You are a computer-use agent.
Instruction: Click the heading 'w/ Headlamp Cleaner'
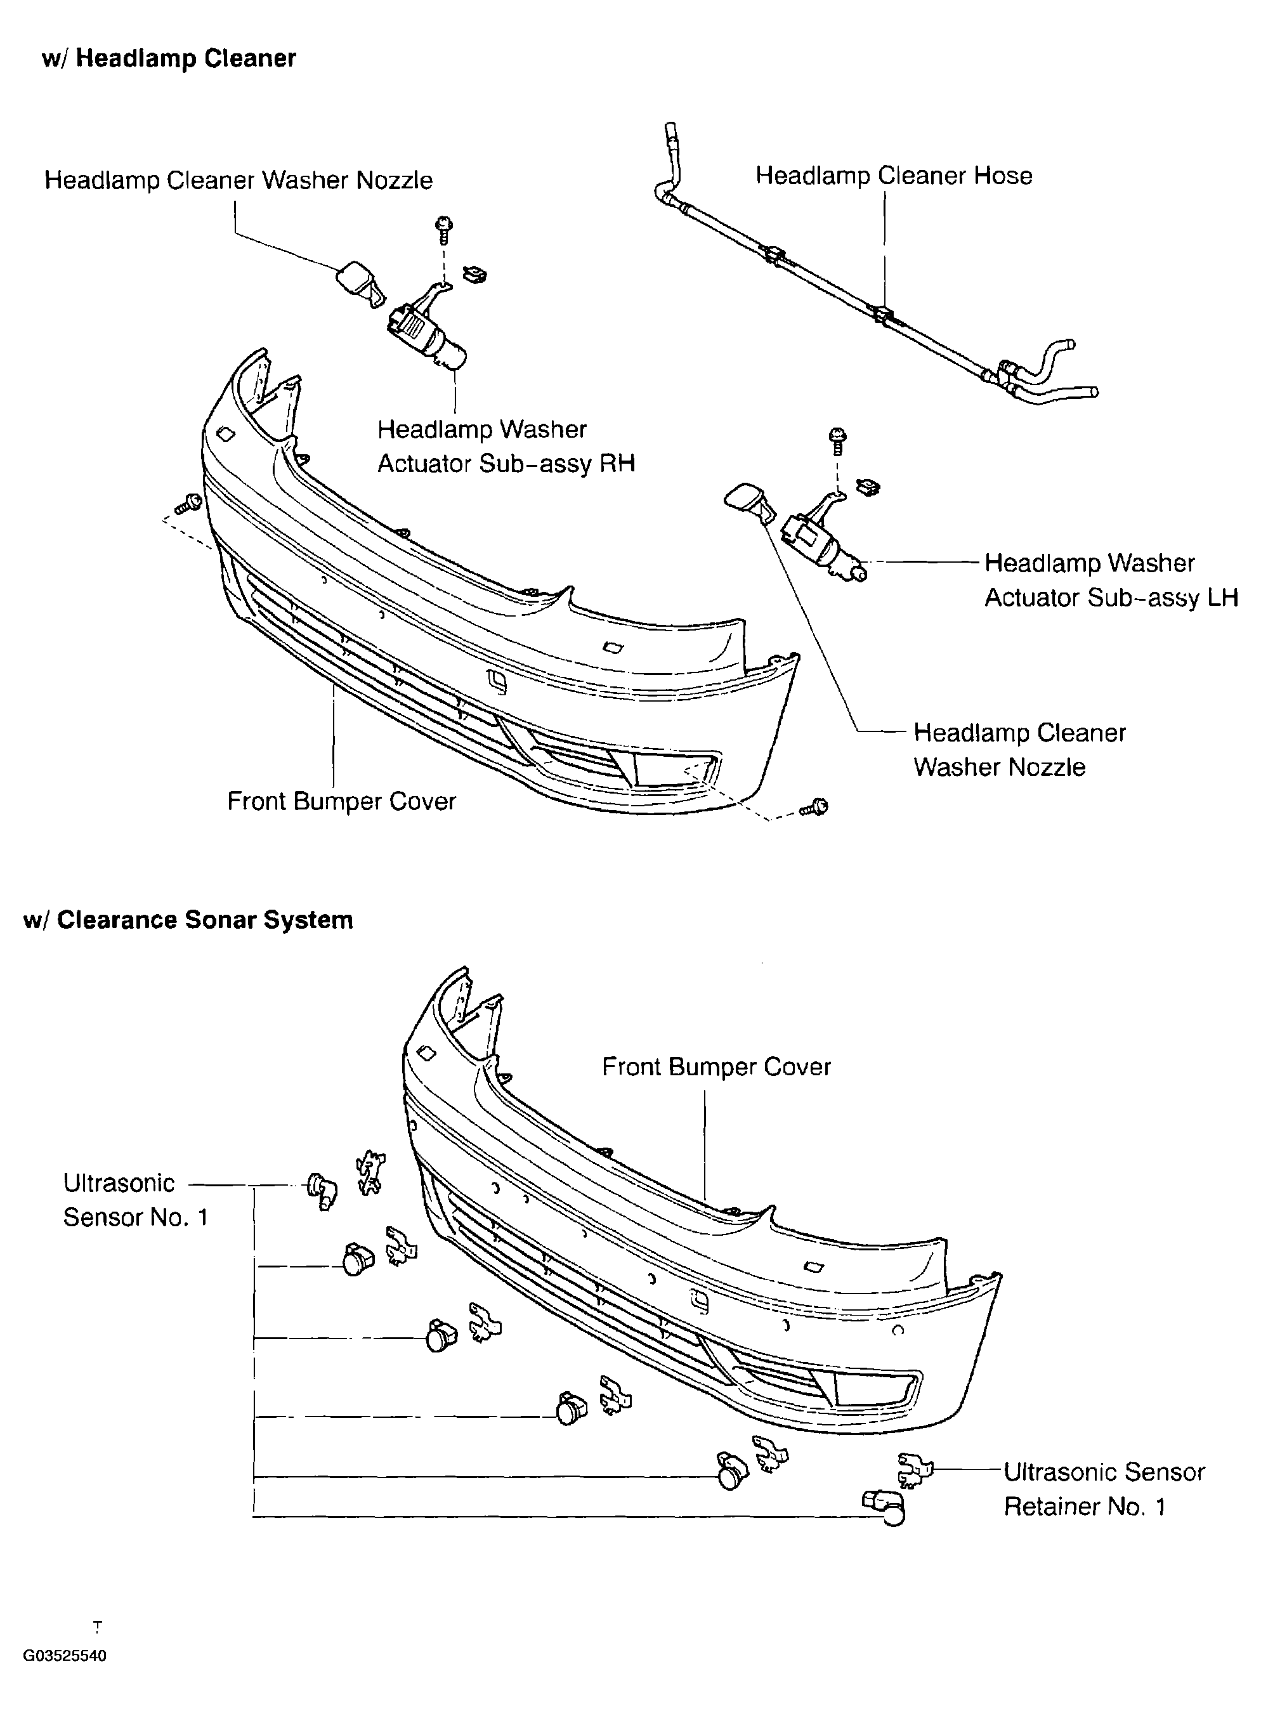pos(169,59)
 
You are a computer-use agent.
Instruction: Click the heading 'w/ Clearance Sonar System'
pos(188,920)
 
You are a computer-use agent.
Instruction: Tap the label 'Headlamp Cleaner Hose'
pos(893,176)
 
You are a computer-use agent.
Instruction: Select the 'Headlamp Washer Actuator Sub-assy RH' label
pos(506,447)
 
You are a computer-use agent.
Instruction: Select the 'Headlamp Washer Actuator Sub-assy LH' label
pos(1110,580)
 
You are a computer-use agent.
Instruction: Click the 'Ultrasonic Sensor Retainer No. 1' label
pos(1103,1489)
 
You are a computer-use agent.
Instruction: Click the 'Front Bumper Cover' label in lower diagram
pos(715,1066)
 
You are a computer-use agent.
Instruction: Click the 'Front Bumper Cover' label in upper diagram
pos(341,801)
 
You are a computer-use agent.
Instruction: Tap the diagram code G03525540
pos(65,1656)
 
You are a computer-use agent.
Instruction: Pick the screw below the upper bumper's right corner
pos(815,807)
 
